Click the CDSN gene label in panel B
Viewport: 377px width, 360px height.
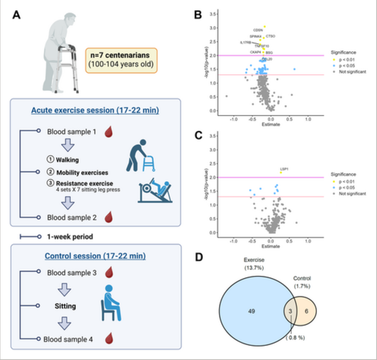(258, 30)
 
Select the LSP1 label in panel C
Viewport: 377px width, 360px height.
(285, 169)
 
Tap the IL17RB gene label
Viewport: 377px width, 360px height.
(246, 42)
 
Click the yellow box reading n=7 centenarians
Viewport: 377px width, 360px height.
(121, 60)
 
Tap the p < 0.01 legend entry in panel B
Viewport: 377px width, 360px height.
(349, 59)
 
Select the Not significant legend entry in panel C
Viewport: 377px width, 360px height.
(354, 194)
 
